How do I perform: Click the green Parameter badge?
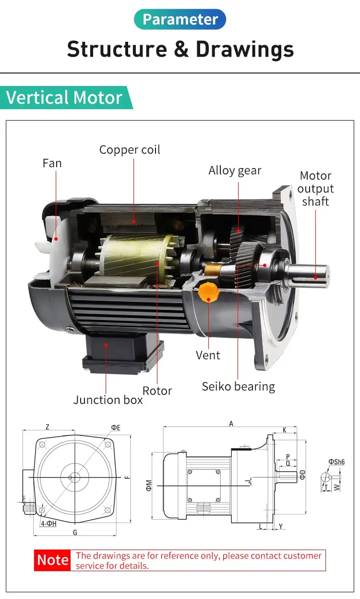(180, 19)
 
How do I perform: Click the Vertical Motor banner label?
(64, 98)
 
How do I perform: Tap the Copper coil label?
(130, 150)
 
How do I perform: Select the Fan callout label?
(52, 163)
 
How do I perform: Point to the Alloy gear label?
(235, 171)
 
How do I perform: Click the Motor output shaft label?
(315, 189)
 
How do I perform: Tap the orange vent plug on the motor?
(208, 292)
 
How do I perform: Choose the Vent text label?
(208, 355)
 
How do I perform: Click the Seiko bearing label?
(238, 387)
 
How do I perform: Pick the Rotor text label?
(157, 391)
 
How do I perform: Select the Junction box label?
(108, 400)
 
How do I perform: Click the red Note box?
(53, 560)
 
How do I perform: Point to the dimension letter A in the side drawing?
(231, 424)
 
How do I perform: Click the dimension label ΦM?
(149, 485)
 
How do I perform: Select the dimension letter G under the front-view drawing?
(75, 532)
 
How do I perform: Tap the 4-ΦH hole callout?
(48, 523)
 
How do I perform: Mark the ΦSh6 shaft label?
(336, 462)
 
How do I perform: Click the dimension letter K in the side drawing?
(285, 430)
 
